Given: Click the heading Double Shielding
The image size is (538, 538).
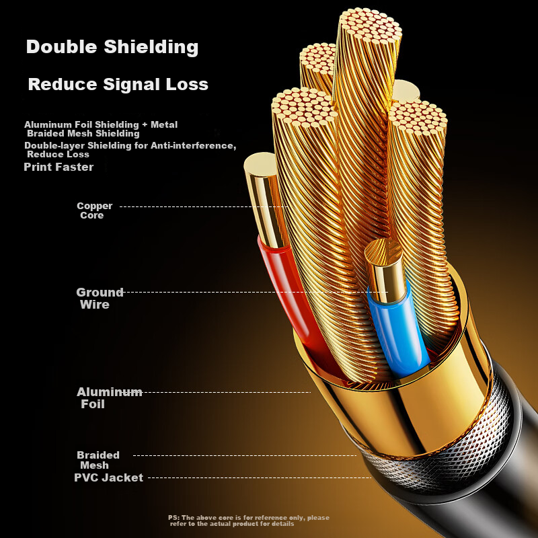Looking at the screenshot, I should coord(112,47).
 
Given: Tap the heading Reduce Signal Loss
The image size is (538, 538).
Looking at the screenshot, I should coord(118,85).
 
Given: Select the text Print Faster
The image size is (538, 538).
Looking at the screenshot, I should coord(59,167).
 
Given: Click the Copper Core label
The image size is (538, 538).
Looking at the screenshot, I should coord(94,210).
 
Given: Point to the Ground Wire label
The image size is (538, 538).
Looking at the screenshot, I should coord(100,298).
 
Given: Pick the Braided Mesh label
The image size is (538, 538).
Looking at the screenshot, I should coord(98,460).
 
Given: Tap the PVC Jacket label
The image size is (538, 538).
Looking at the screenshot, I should coord(108,477).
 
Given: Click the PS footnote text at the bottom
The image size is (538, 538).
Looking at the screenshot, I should coord(249,521).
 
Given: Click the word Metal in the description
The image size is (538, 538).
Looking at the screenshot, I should coord(164,124).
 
